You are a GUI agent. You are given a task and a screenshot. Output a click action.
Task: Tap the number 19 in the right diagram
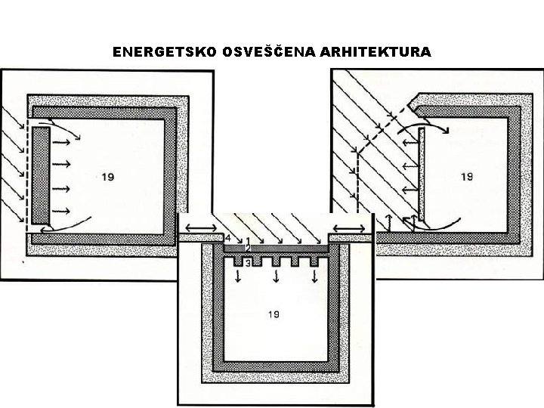coord(467,177)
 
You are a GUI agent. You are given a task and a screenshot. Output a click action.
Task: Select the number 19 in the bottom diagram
coord(274,314)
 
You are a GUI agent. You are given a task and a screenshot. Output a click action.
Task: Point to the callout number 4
coord(228,238)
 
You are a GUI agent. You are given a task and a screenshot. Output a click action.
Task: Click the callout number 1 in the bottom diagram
coord(247,240)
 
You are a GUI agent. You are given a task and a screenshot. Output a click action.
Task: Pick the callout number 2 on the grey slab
coord(247,249)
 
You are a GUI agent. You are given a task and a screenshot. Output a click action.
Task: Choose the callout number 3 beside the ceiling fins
coord(247,262)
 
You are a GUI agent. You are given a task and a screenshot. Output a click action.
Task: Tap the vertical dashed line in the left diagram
coord(28,174)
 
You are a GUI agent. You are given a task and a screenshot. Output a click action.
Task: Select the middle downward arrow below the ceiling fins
coord(275,276)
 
